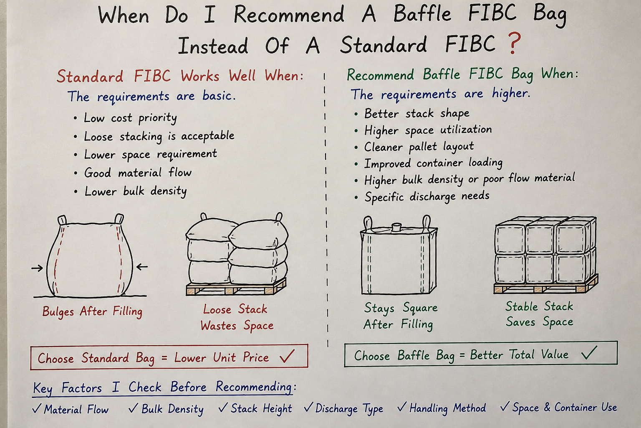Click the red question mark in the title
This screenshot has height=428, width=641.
[x=514, y=43]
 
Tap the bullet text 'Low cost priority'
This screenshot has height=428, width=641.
[x=130, y=118]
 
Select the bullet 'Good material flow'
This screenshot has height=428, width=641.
[x=138, y=173]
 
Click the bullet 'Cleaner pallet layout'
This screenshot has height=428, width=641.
[x=419, y=146]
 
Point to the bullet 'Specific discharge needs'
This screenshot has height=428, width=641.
[x=426, y=197]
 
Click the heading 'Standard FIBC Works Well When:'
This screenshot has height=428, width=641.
[x=180, y=76]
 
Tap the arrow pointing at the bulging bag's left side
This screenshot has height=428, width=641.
[x=37, y=268]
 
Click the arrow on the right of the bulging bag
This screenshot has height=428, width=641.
[x=142, y=267]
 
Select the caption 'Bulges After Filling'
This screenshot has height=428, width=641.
[x=92, y=312]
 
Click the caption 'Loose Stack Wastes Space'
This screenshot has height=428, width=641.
[x=237, y=318]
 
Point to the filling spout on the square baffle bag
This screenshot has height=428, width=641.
[x=397, y=227]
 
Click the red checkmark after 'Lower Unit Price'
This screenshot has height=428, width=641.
[x=287, y=356]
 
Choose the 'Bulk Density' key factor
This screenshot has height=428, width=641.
[x=166, y=408]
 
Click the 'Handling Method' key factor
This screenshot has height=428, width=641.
[x=442, y=408]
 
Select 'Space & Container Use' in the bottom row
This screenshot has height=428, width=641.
[x=559, y=407]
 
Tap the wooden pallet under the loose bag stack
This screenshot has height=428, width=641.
[x=236, y=287]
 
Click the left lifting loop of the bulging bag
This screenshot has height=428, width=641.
[x=62, y=220]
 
